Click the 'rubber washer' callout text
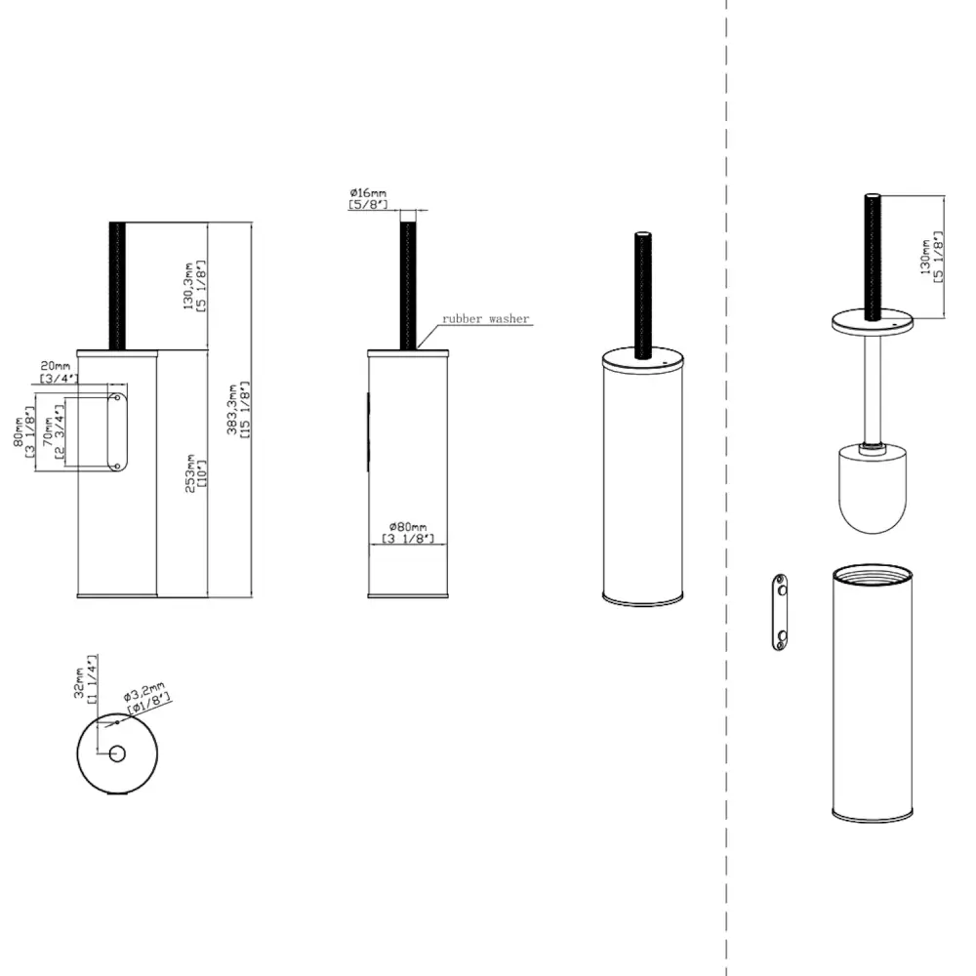click(485, 319)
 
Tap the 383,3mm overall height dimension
click(238, 410)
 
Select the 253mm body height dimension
click(195, 473)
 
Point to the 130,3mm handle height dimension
click(194, 286)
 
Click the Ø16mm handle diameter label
click(368, 198)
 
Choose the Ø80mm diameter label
click(408, 533)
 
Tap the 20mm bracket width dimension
click(58, 372)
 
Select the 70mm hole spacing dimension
click(54, 432)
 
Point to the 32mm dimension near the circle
click(85, 679)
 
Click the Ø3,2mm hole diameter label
click(146, 697)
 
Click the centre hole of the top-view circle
click(117, 753)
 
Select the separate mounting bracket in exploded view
click(780, 613)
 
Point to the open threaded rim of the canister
click(873, 574)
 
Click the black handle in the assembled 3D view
click(643, 295)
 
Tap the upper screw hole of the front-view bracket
click(117, 398)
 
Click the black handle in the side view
click(408, 286)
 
